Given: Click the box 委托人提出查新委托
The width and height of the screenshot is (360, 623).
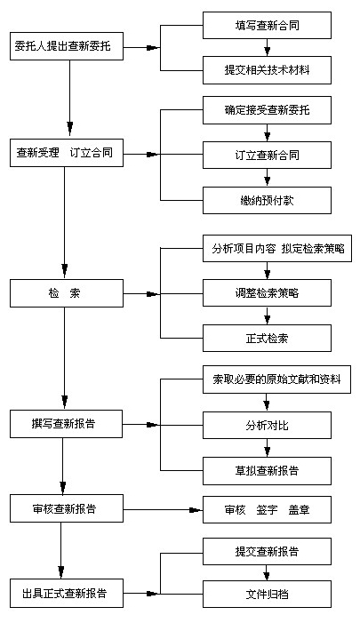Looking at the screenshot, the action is tap(67, 46).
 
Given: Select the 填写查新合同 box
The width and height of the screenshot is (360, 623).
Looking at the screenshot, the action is tap(267, 26).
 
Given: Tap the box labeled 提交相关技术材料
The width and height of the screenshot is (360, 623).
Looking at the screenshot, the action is tap(267, 70).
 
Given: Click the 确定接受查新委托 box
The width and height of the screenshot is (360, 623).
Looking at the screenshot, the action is tap(267, 110).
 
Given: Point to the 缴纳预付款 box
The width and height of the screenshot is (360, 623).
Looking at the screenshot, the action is tap(267, 200).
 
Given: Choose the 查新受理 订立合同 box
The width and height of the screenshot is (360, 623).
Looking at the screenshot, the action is tap(67, 153).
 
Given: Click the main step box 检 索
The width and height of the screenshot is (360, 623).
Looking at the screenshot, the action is tap(67, 293).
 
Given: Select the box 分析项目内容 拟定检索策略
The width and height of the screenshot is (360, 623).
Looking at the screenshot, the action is tap(277, 248).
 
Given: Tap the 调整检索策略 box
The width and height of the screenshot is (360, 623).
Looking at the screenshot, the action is tap(267, 292).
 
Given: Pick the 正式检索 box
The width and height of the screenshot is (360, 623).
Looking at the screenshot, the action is tap(267, 338).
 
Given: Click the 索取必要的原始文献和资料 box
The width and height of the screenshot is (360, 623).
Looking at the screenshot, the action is tap(276, 379).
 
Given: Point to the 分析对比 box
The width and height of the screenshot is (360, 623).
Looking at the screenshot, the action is tap(267, 425).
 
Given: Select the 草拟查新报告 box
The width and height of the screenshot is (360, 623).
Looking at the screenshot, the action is tap(267, 471).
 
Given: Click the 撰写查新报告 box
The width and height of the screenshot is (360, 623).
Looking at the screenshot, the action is tap(66, 424).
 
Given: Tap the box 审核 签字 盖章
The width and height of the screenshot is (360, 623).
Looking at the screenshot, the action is tap(267, 510).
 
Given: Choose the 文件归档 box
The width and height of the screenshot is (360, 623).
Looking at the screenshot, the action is tap(267, 594).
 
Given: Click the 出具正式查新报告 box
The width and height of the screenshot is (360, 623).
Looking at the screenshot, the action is tap(67, 593).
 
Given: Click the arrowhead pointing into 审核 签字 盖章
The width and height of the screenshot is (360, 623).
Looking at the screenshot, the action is tap(196, 510).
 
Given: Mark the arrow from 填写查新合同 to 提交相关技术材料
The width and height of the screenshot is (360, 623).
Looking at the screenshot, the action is tap(267, 48).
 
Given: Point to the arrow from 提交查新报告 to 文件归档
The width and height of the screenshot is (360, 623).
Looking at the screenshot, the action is tap(267, 572).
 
